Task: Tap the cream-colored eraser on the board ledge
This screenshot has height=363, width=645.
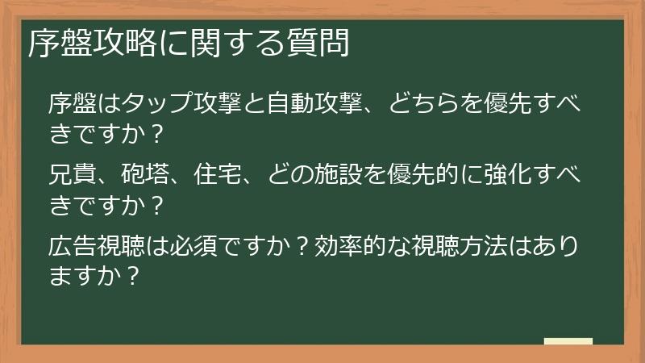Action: point(568,342)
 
